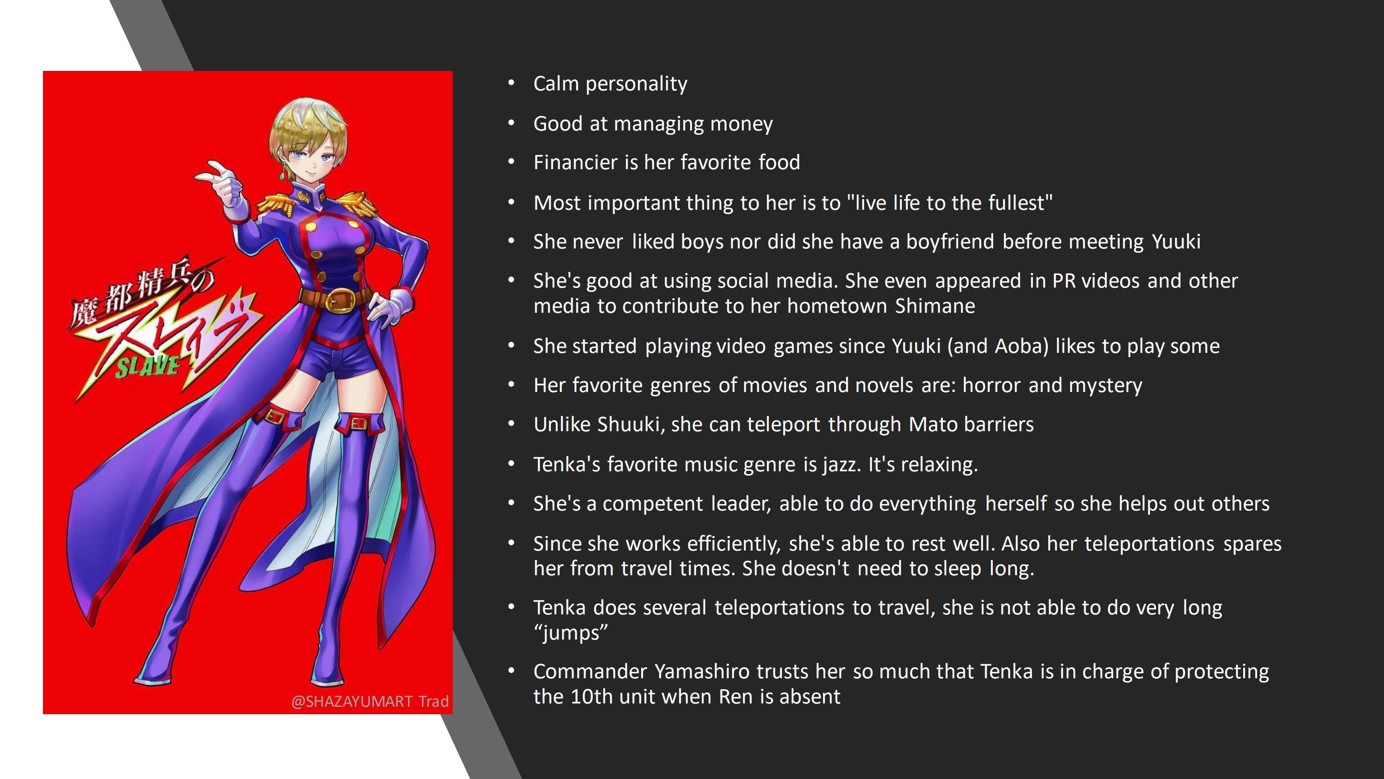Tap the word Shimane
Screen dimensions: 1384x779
click(x=935, y=306)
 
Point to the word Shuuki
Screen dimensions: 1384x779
click(x=628, y=424)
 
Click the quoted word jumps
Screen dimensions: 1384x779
click(x=571, y=633)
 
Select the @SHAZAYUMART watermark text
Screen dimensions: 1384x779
click(x=352, y=702)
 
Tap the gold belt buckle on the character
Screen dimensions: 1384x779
click(x=340, y=300)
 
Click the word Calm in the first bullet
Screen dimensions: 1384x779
click(x=556, y=84)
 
